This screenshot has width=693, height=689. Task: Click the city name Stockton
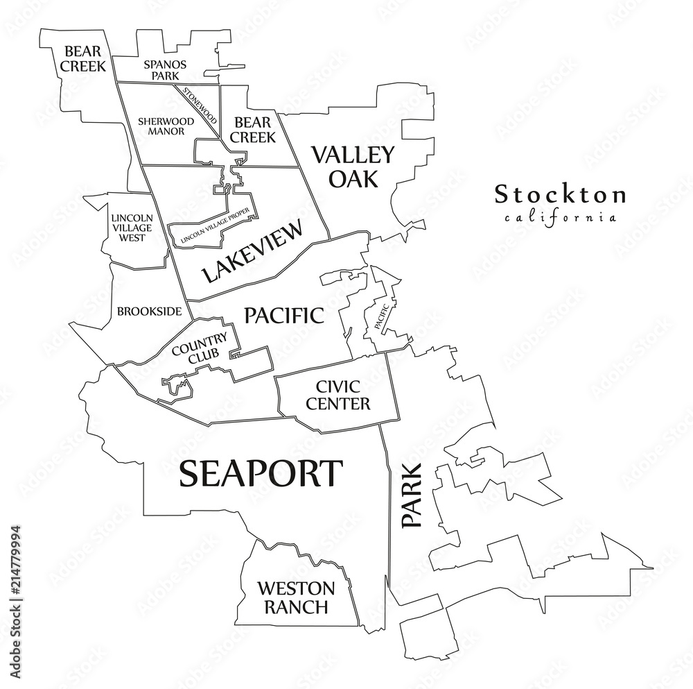(560, 195)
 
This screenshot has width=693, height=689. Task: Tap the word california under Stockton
(561, 217)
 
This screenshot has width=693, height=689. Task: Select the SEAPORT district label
(261, 473)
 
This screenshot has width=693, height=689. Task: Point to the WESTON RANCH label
(295, 598)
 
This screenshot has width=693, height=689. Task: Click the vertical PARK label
(411, 495)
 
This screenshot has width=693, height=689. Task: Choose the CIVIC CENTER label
(342, 395)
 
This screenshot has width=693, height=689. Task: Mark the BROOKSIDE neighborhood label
(150, 311)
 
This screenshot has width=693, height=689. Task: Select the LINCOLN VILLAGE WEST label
(132, 227)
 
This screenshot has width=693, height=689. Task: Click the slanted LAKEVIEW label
(254, 252)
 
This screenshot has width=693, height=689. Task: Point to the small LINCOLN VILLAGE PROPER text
(213, 228)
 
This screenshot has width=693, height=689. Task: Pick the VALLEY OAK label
(353, 167)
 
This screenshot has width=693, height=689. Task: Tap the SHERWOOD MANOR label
(161, 125)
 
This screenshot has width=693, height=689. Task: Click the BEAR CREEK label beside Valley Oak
(253, 129)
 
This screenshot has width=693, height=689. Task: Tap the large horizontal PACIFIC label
(284, 316)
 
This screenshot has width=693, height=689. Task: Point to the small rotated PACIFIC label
(383, 314)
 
